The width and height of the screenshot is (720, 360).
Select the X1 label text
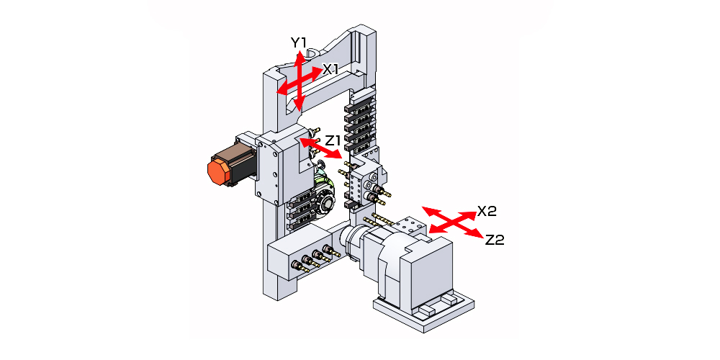(330, 69)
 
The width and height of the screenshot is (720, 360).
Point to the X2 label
(487, 212)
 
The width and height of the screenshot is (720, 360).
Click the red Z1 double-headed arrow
(321, 150)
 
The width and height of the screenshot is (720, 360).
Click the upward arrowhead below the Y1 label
(300, 58)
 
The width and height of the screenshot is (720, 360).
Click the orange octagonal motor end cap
(217, 172)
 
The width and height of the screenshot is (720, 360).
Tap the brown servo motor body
(238, 160)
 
